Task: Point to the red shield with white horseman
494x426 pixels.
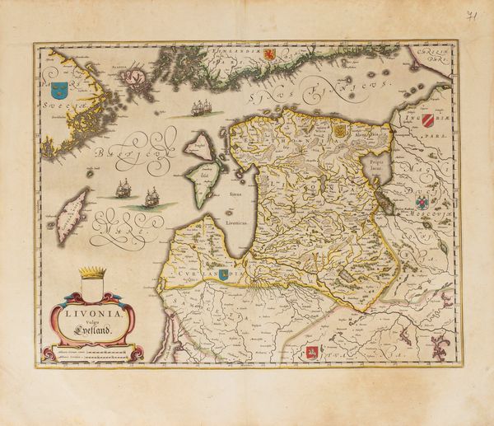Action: coord(312,353)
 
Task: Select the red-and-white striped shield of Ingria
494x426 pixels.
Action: coord(429,124)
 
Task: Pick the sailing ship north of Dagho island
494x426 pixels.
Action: coord(201,108)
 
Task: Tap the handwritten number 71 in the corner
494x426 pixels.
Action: coord(471,16)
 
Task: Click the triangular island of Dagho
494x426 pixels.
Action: coord(198,146)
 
